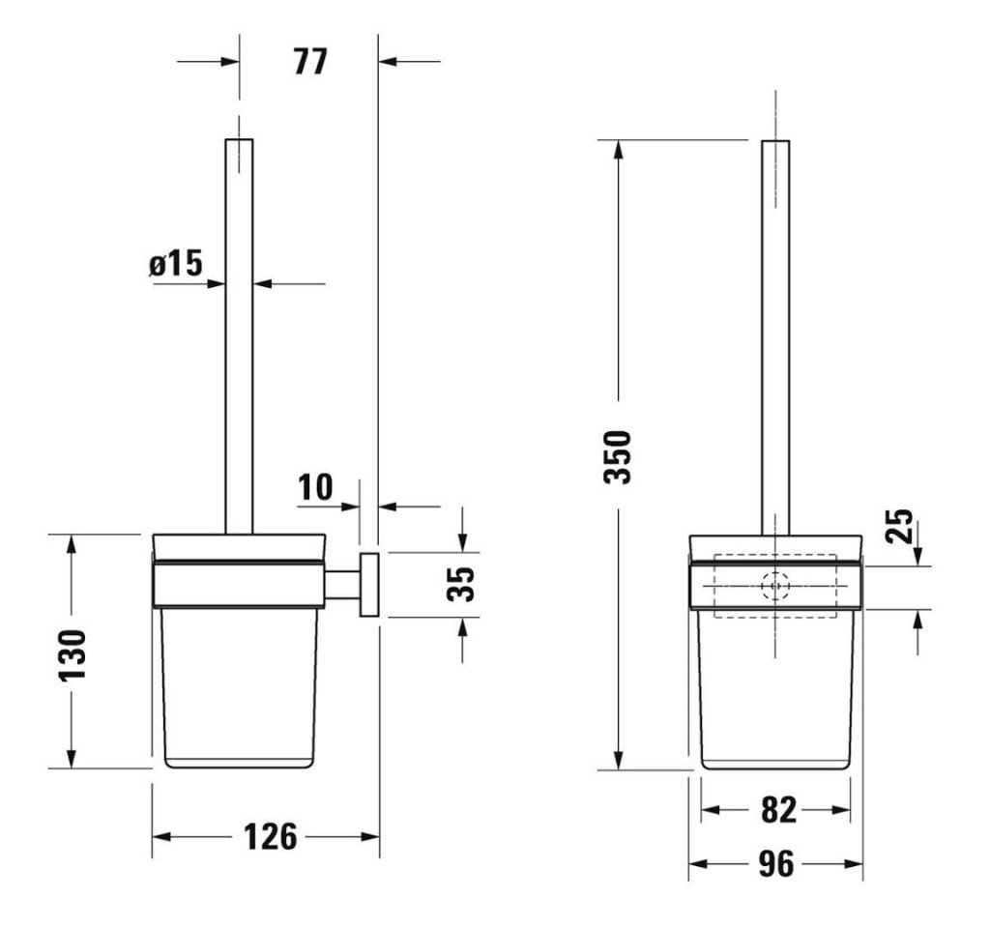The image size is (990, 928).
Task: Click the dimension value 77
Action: [310, 63]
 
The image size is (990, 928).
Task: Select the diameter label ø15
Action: [176, 264]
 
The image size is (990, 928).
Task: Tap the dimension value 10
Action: [314, 487]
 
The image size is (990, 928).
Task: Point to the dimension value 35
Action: [465, 584]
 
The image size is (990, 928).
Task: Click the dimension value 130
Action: [72, 654]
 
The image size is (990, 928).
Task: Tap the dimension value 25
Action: [899, 527]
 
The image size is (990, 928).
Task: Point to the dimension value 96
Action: [775, 864]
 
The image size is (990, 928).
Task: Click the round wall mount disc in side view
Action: [368, 585]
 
